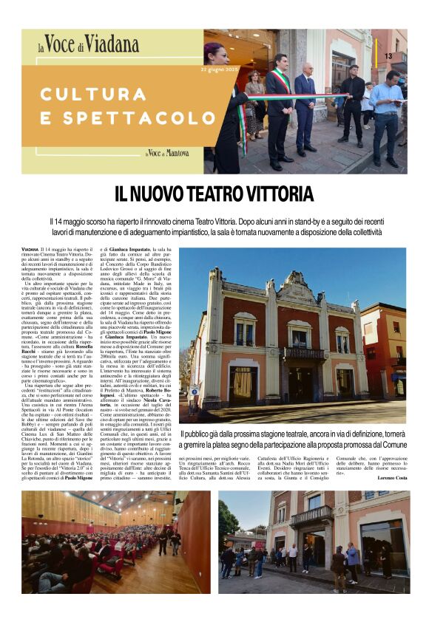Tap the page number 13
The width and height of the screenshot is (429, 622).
pyautogui.click(x=388, y=56)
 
